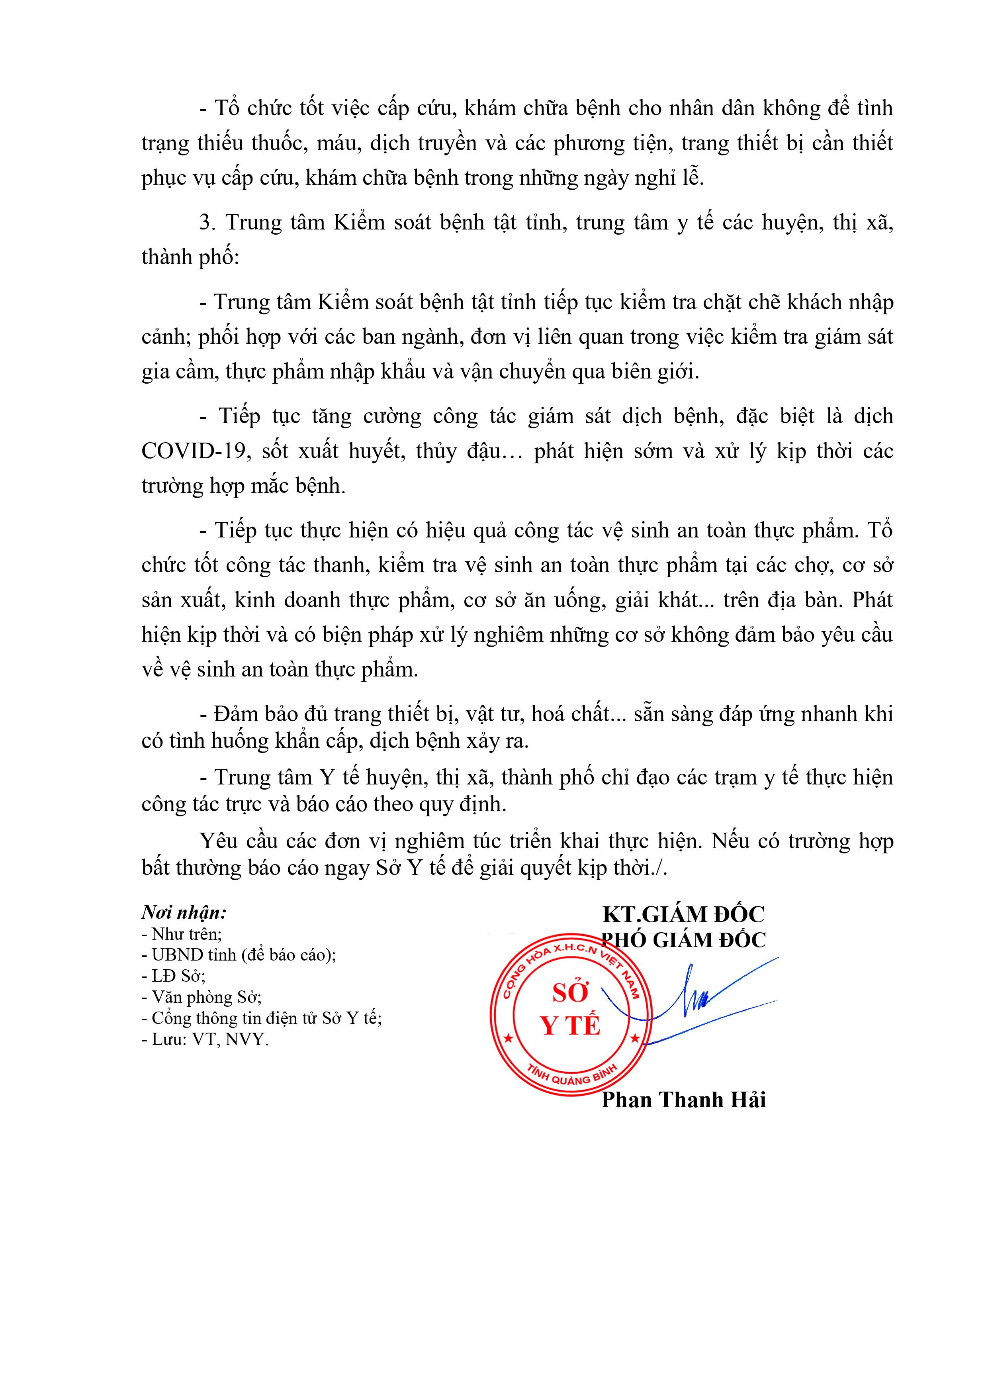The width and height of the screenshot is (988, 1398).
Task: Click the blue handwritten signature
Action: pyautogui.click(x=700, y=998)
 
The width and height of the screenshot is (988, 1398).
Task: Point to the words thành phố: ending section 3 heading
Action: pyautogui.click(x=190, y=257)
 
